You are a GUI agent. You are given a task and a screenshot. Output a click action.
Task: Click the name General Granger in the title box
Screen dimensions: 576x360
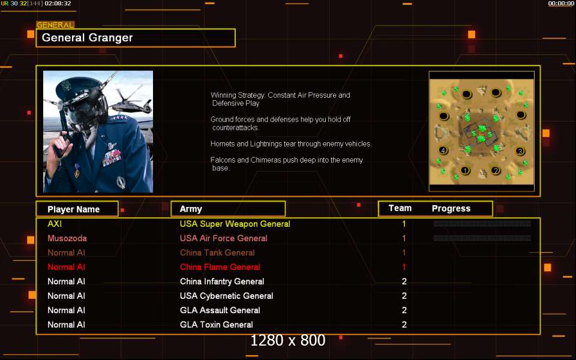[87, 38]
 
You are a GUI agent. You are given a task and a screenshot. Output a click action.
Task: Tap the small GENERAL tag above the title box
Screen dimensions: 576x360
[55, 25]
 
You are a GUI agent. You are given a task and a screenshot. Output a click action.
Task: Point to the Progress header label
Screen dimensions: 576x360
[451, 209]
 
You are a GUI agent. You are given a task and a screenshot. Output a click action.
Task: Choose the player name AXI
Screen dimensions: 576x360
[55, 224]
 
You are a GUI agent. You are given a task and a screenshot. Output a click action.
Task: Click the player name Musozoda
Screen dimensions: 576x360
[67, 238]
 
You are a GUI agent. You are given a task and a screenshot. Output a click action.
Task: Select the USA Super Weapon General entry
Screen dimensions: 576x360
[235, 224]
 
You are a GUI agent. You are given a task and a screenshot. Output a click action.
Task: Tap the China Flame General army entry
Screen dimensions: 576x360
[220, 267]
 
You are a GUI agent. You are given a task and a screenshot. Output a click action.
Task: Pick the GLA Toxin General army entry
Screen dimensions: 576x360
[217, 325]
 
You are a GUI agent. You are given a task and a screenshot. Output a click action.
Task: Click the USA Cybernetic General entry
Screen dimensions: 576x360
[227, 296]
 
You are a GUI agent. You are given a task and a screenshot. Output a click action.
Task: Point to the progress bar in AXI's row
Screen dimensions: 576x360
[482, 223]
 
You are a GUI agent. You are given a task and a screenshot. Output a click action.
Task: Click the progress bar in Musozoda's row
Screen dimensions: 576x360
[482, 238]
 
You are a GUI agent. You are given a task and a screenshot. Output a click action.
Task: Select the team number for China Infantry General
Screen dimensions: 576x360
[404, 281]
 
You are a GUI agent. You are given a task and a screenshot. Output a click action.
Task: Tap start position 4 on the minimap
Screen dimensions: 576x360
[443, 150]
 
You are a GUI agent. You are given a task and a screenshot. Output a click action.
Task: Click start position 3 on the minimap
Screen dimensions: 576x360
[520, 151]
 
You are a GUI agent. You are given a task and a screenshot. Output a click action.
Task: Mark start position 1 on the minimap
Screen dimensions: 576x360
[465, 170]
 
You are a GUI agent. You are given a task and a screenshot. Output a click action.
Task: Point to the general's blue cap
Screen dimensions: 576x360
[79, 86]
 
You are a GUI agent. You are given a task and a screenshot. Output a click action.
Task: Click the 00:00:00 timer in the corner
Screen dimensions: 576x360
[561, 4]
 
